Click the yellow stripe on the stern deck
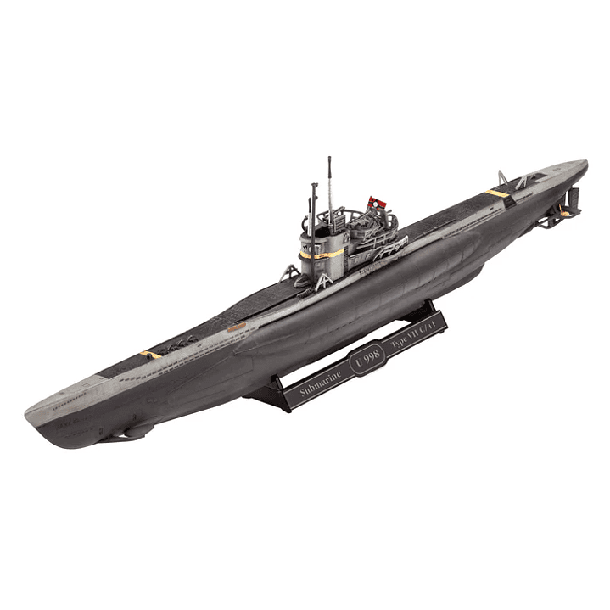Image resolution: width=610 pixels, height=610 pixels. click(x=498, y=193)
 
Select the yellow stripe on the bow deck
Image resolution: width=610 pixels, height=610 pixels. click(x=150, y=354)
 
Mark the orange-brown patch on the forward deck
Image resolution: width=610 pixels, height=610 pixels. click(x=235, y=324)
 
